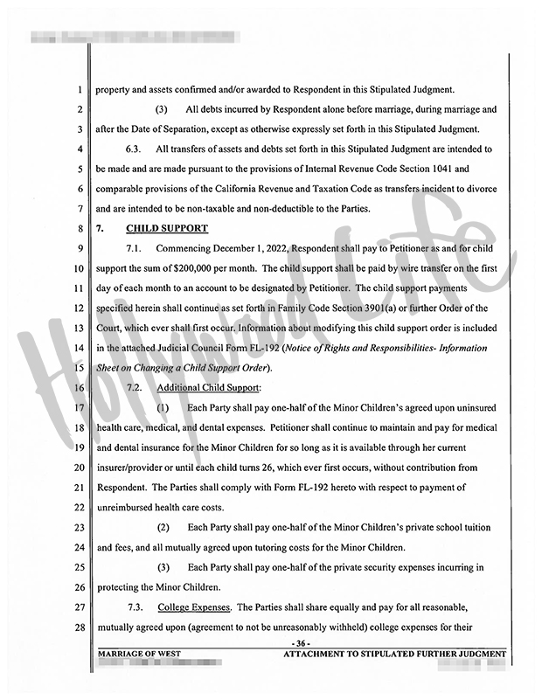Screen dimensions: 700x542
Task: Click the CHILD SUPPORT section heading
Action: point(167,229)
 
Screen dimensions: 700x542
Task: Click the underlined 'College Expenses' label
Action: point(194,606)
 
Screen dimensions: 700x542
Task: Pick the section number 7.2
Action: point(136,386)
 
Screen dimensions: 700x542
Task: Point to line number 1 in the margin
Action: point(80,88)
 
